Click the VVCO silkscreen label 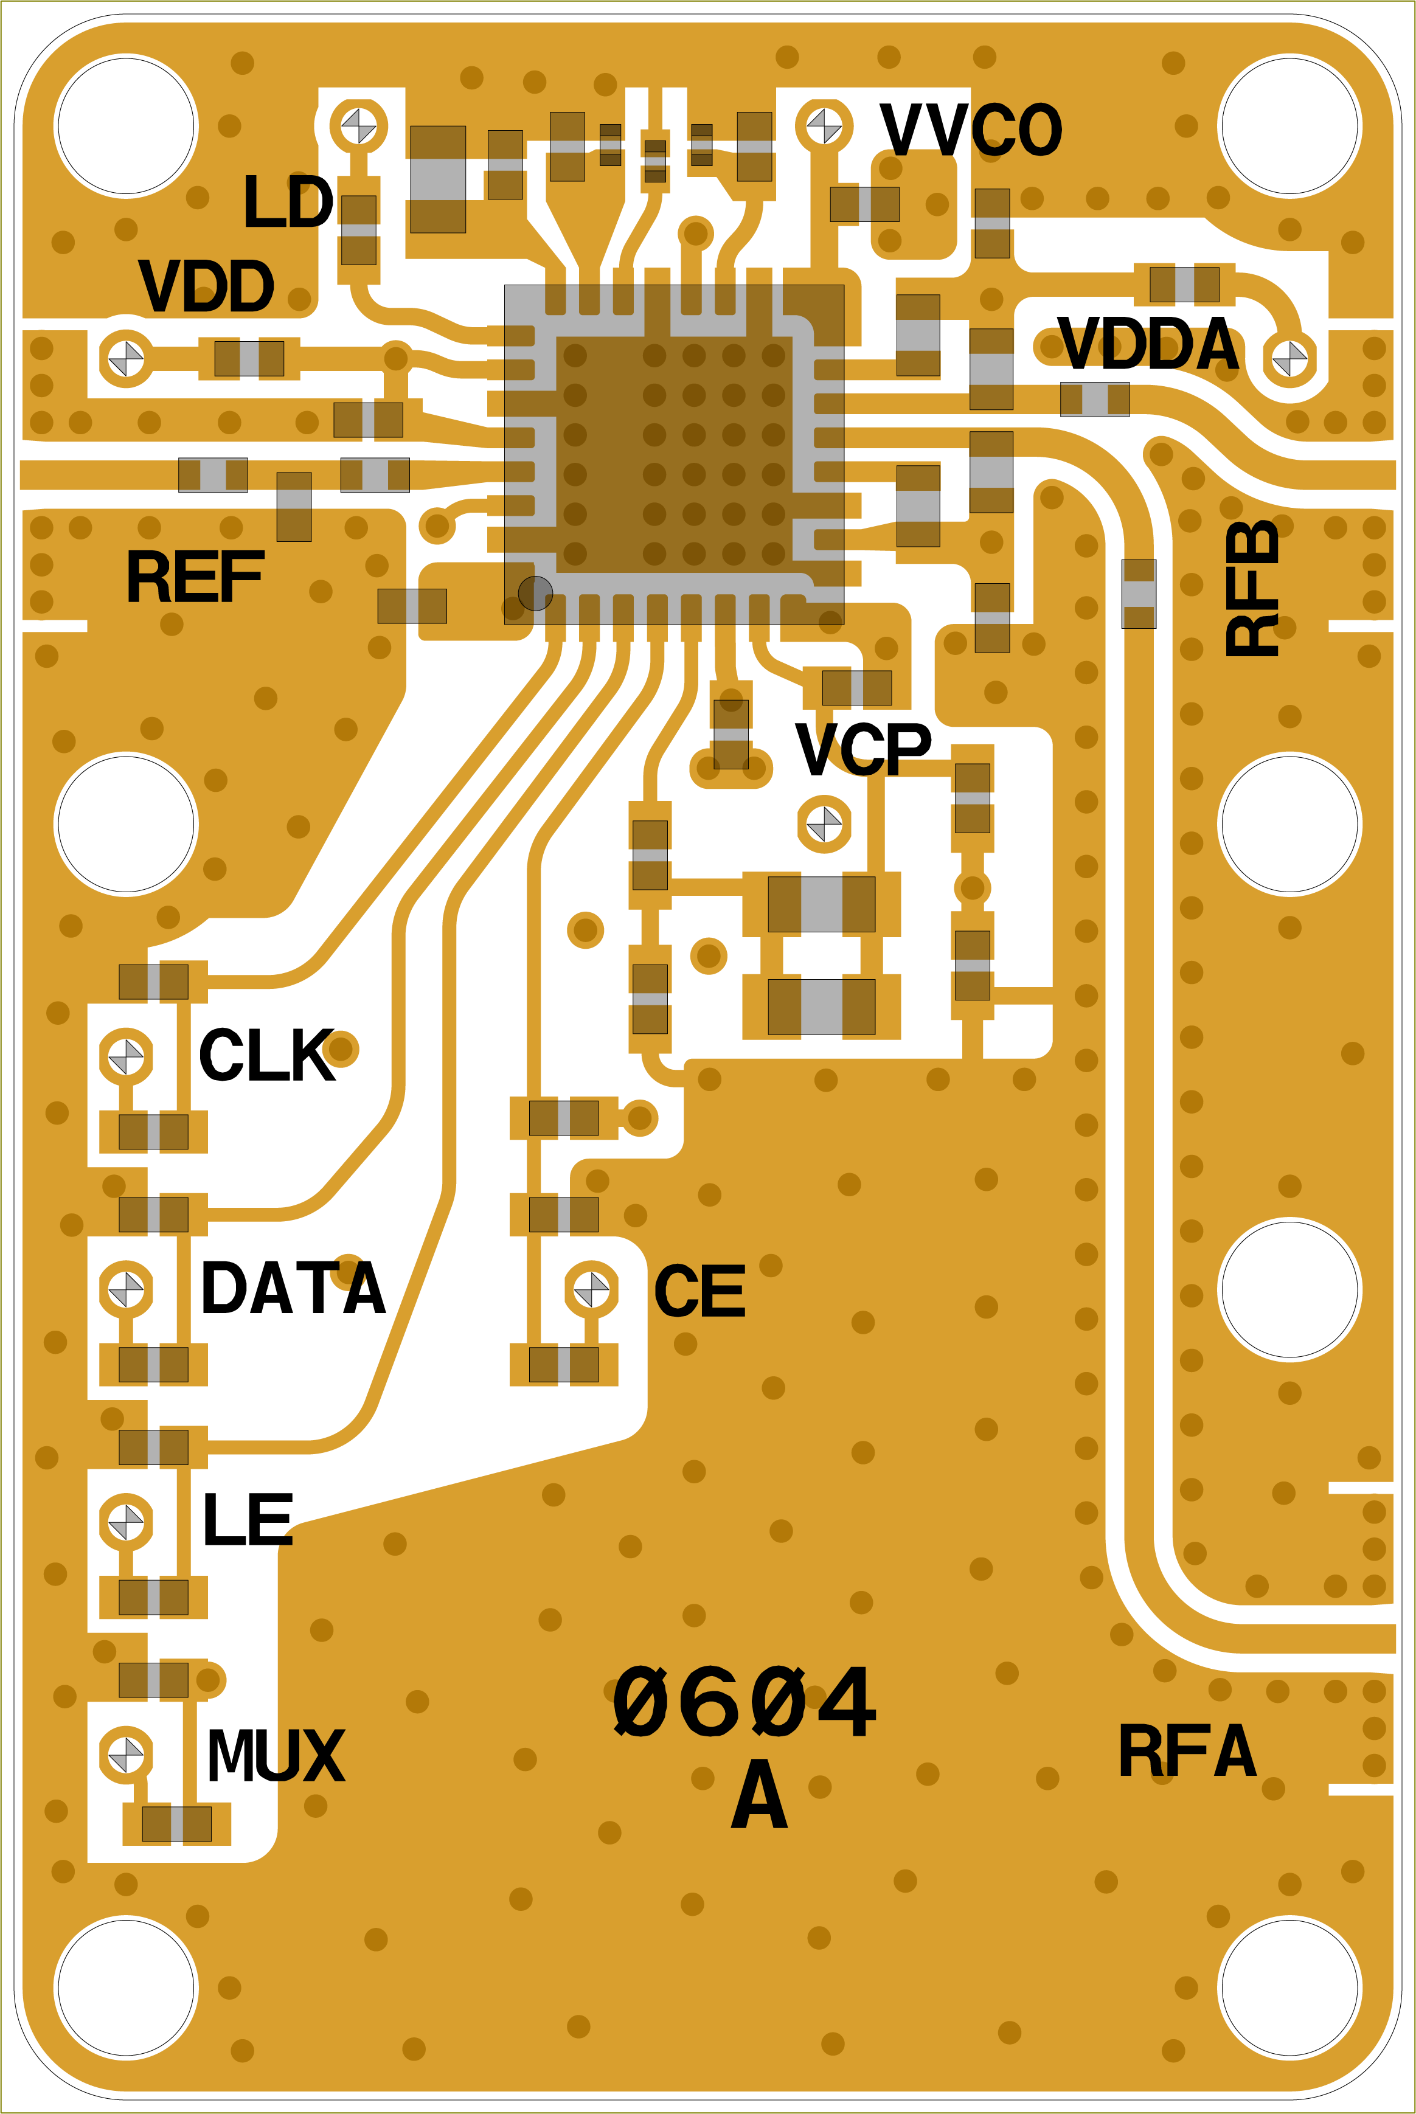click(971, 129)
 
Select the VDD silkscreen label click(206, 286)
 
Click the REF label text click(195, 577)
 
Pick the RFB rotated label click(1252, 589)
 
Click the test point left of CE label click(591, 1289)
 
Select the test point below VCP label click(824, 823)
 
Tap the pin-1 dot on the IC click(535, 594)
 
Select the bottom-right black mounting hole click(1289, 1987)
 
